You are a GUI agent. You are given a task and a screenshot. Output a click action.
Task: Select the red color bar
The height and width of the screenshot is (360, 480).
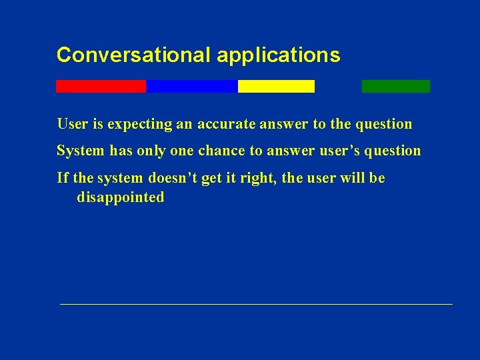(x=101, y=86)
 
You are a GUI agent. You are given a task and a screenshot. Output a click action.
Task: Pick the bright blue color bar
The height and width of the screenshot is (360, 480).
(x=191, y=86)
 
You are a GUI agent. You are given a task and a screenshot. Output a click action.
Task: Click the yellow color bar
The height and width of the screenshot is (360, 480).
(x=276, y=86)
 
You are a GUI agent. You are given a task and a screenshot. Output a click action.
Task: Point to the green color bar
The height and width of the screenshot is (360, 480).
(x=395, y=86)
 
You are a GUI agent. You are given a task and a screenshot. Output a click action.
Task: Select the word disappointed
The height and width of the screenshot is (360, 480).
(x=121, y=197)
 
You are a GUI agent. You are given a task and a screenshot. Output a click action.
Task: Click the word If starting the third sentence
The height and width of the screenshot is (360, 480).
(x=63, y=178)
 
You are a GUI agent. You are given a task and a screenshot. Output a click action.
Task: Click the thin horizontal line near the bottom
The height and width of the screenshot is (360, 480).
(x=256, y=304)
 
